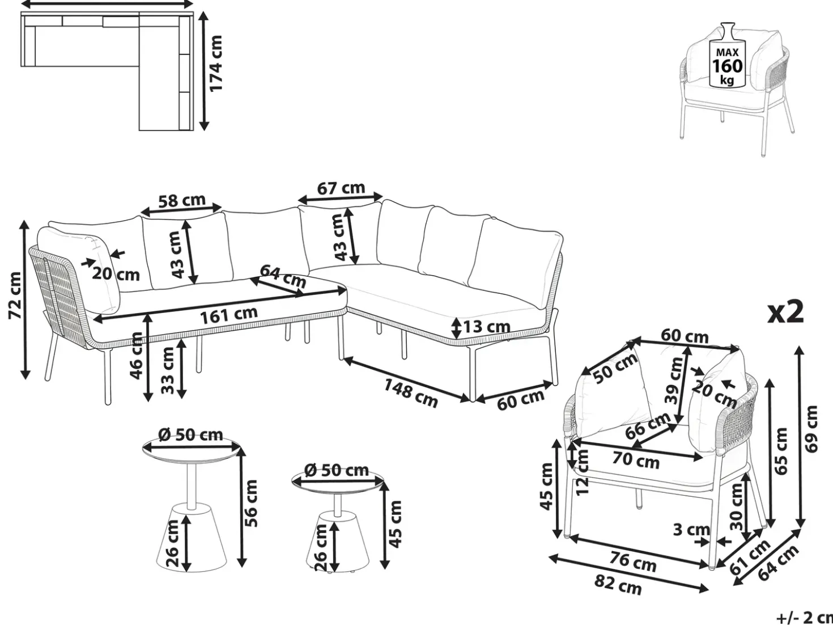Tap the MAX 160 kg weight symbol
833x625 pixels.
(726, 60)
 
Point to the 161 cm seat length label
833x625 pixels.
(229, 315)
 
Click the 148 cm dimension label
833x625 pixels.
(411, 393)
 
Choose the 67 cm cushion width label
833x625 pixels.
(341, 188)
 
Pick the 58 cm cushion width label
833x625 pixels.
(182, 200)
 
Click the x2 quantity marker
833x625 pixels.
(785, 311)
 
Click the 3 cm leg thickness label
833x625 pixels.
(691, 529)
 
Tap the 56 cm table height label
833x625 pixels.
(251, 504)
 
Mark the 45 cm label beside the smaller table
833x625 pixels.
(395, 525)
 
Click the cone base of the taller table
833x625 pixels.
(192, 537)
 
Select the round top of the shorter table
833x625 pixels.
(338, 481)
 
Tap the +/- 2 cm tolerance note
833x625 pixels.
(805, 618)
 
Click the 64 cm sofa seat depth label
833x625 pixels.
(283, 276)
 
